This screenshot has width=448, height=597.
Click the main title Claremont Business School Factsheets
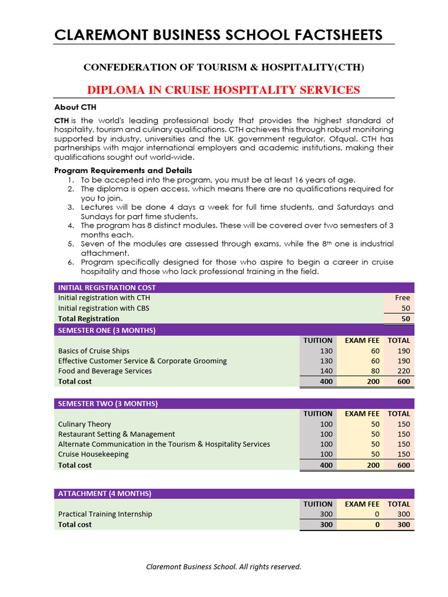pos(219,35)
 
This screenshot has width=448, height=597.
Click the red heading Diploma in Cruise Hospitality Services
pos(223,90)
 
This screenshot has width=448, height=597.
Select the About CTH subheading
pos(75,107)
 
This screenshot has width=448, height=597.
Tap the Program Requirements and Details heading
pos(123,170)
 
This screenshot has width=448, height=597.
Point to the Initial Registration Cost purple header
pos(107,287)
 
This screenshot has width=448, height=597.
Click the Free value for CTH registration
pos(402,297)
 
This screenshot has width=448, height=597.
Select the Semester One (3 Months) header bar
pos(107,331)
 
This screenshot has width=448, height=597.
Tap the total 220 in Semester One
pos(403,371)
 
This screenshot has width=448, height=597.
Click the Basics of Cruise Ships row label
pos(94,351)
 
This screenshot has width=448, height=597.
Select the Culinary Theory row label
pos(85,424)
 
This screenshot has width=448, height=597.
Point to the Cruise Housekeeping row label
pos(93,454)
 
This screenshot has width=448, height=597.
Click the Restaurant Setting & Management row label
pos(117,434)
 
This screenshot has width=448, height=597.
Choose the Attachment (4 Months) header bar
pos(105,494)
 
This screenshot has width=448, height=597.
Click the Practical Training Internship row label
pos(105,514)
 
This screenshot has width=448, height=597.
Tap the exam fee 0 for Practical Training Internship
pos(377,514)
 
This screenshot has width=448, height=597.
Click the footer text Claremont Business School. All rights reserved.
pos(223,567)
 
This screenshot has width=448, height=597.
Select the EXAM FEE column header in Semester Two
pos(362,414)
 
